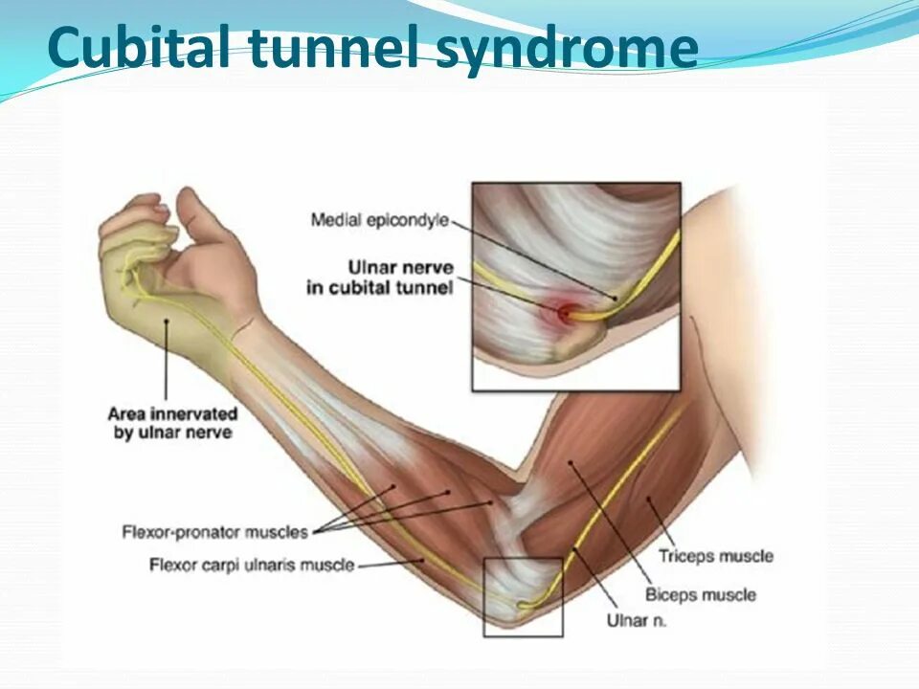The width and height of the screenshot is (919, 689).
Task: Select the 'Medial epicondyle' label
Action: pos(380,221)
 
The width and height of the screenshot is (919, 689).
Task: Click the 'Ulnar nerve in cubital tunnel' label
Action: pos(380,277)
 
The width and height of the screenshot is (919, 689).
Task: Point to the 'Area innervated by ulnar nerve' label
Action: pos(172,423)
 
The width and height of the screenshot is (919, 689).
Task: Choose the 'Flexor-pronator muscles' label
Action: pos(215,531)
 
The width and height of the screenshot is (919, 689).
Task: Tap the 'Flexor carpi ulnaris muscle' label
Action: pos(252,566)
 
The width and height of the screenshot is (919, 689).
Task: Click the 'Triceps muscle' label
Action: pos(716,556)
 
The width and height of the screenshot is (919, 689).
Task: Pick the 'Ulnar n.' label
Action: pos(637,620)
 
